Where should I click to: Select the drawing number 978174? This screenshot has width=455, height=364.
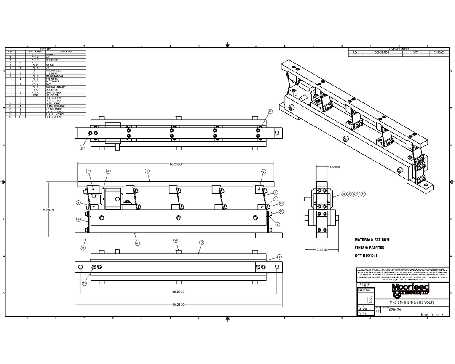point(395,310)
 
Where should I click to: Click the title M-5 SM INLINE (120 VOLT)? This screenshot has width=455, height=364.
point(411,303)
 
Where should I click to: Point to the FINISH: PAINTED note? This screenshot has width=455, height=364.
point(369,248)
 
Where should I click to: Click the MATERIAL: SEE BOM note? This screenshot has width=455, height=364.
point(372,239)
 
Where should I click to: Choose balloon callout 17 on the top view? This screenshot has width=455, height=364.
point(82,147)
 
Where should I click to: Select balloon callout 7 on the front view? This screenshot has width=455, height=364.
point(88,171)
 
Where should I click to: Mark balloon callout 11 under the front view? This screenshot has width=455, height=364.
point(137,243)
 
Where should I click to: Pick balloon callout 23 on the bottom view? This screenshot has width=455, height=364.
point(84,284)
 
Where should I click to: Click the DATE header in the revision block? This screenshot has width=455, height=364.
point(415,53)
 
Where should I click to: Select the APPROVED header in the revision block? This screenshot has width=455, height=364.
point(438,53)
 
